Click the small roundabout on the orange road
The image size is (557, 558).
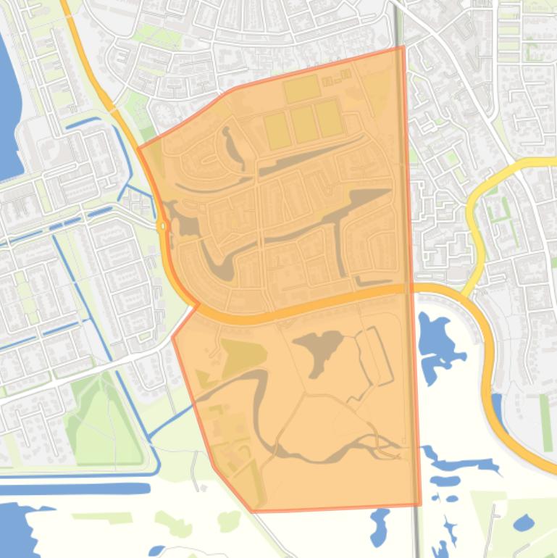[x=162, y=226]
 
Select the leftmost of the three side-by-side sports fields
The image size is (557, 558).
[x=277, y=130]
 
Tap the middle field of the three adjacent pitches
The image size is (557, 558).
[x=303, y=124]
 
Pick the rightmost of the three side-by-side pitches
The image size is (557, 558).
[x=328, y=118]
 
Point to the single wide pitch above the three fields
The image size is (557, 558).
[x=301, y=89]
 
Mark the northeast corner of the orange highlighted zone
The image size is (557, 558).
[x=403, y=47]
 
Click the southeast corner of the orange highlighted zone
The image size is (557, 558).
[x=420, y=504]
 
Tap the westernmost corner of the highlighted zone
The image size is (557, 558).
[x=138, y=147]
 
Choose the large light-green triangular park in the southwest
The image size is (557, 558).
[x=101, y=420]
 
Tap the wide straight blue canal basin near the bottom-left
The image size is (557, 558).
[x=72, y=488]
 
